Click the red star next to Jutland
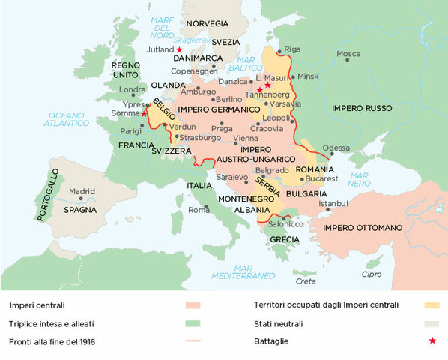[x=178, y=49]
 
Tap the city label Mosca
[x=348, y=54]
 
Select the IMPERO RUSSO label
[x=362, y=108]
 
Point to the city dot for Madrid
[x=71, y=199]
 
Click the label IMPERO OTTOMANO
[x=363, y=227]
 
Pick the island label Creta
[x=306, y=281]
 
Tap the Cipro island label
[x=372, y=274]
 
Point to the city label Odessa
[x=336, y=148]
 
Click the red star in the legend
[x=432, y=340]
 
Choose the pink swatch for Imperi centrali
[x=193, y=305]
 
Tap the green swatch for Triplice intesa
[x=193, y=323]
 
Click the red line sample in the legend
[x=193, y=341]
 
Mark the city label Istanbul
[x=333, y=203]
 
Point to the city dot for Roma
[x=205, y=208]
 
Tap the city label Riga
[x=292, y=49]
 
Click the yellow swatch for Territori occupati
[x=432, y=305]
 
